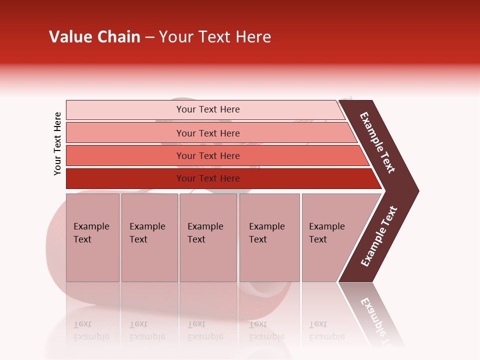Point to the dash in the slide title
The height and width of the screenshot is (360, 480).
tap(149, 37)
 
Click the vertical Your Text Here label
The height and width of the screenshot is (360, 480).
tap(57, 143)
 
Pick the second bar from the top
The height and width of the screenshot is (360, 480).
tap(207, 133)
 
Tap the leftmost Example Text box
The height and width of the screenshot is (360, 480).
tap(92, 237)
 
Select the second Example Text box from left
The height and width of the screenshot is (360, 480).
tap(149, 237)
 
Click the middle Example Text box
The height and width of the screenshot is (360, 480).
tap(208, 237)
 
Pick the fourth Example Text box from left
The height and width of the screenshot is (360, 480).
tap(269, 237)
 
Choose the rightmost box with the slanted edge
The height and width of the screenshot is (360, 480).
tap(330, 237)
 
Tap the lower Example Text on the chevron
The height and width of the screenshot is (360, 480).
tap(379, 236)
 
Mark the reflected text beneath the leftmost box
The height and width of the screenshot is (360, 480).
tap(91, 330)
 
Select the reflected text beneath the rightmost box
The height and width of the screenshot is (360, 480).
tap(326, 330)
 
